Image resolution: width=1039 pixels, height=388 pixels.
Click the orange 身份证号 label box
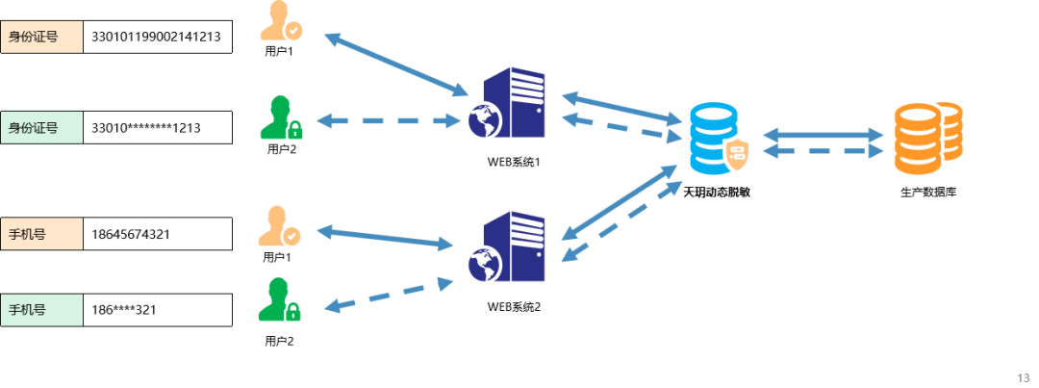pyautogui.click(x=41, y=37)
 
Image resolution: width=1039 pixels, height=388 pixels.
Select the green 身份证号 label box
pyautogui.click(x=41, y=127)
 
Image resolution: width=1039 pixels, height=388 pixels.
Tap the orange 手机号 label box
pyautogui.click(x=41, y=233)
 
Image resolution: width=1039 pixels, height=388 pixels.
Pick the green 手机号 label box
pyautogui.click(x=41, y=310)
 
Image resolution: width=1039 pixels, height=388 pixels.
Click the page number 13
pyautogui.click(x=1023, y=376)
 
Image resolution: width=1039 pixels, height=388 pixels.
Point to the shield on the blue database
pyautogui.click(x=736, y=155)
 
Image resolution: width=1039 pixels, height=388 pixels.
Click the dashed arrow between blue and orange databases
pyautogui.click(x=823, y=151)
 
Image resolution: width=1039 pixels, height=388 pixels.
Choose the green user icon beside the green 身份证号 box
pyautogui.click(x=280, y=117)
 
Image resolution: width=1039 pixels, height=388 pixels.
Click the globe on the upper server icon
pyautogui.click(x=485, y=120)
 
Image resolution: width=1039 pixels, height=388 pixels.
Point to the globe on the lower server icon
pyautogui.click(x=484, y=264)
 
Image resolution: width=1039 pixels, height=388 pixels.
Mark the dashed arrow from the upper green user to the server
pyautogui.click(x=389, y=121)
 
